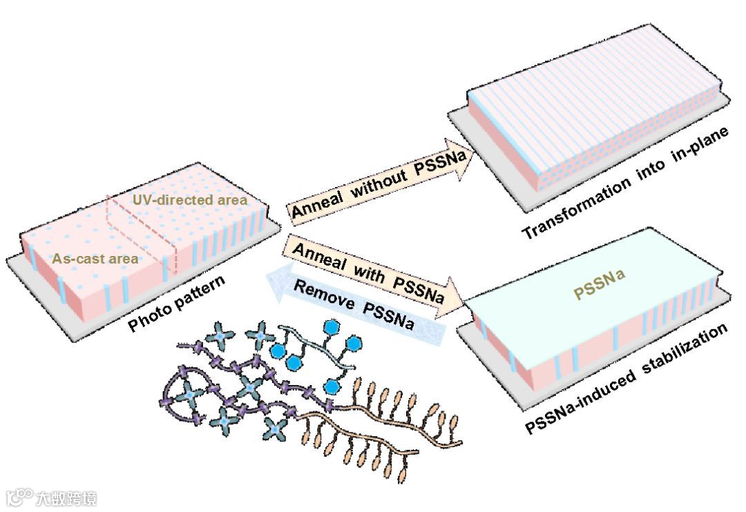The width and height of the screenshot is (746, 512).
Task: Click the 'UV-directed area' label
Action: coord(189,200)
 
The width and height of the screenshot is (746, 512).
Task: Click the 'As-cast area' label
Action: coord(95,259)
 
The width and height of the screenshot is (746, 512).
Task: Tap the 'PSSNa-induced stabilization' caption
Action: coord(626,380)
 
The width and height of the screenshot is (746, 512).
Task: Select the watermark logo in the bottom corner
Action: coord(51,498)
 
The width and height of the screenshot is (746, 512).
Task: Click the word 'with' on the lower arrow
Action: coord(365,270)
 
